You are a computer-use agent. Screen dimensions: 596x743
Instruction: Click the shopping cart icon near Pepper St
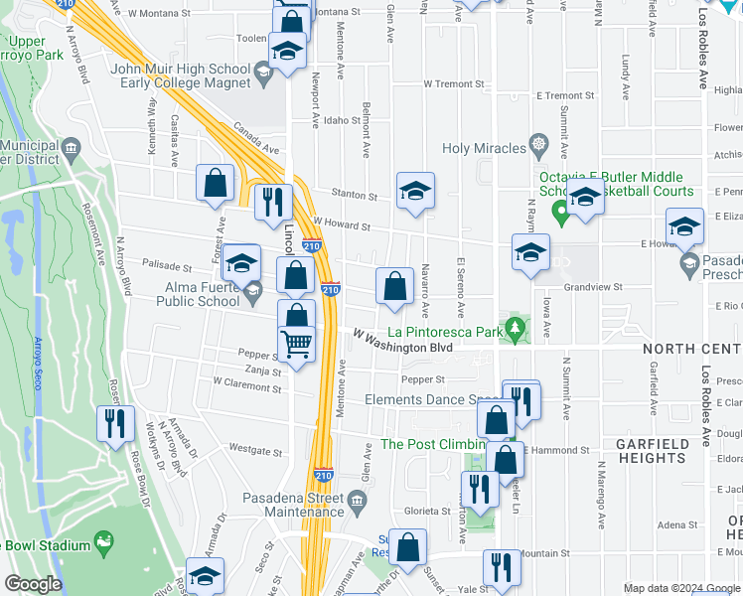pos(297,343)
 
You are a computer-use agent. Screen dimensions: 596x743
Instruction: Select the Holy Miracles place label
pos(484,148)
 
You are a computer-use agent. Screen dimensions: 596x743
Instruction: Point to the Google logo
pos(32,584)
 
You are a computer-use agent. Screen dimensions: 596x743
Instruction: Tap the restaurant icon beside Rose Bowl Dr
pos(114,423)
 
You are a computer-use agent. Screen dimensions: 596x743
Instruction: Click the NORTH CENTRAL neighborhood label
pos(691,349)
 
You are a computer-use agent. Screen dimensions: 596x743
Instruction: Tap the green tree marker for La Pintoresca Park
pos(514,327)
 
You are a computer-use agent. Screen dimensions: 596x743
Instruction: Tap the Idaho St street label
pos(342,120)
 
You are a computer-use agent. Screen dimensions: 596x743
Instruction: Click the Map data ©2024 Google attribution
pos(681,588)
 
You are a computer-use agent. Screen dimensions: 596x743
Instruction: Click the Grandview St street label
pos(592,287)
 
